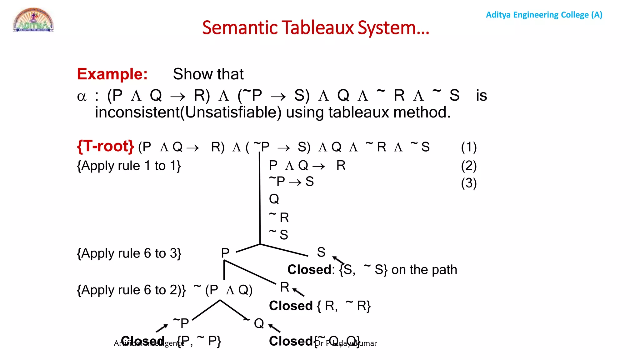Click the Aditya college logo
click(33, 20)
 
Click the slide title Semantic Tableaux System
click(316, 27)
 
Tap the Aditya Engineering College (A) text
click(544, 15)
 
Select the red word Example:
click(112, 74)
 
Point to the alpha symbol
click(82, 96)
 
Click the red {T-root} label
click(105, 146)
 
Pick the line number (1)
click(469, 147)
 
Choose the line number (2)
click(469, 166)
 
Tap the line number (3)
click(469, 183)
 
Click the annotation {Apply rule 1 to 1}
click(129, 166)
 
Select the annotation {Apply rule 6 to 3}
click(129, 253)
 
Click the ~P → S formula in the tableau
click(291, 182)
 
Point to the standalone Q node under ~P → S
click(274, 199)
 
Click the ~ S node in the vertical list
click(279, 234)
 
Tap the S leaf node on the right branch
click(321, 252)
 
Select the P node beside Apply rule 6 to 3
click(225, 253)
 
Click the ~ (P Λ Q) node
click(223, 290)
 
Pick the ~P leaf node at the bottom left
click(181, 323)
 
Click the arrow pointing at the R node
click(299, 292)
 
